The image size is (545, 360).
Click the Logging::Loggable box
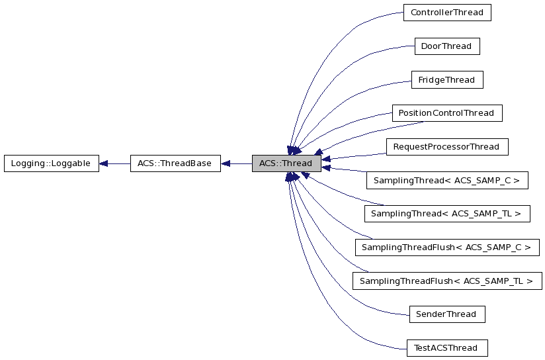point(51,163)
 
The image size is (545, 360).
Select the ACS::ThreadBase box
point(175,163)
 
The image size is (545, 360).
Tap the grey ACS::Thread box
point(286,163)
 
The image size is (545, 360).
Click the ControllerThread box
point(446,13)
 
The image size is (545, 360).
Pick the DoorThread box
point(446,46)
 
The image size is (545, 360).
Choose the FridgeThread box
point(446,80)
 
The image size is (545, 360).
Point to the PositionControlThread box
point(446,113)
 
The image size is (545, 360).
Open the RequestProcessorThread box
point(446,147)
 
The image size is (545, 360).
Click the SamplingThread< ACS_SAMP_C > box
point(446,180)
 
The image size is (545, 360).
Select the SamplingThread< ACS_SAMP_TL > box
point(446,214)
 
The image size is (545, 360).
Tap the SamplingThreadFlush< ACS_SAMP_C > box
point(446,247)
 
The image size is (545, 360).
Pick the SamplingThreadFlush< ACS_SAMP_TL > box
point(446,281)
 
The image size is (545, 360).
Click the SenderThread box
point(446,314)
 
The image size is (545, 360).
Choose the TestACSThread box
point(446,348)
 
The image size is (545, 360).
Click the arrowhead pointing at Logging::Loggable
point(104,163)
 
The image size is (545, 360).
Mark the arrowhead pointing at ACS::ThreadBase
point(226,163)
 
